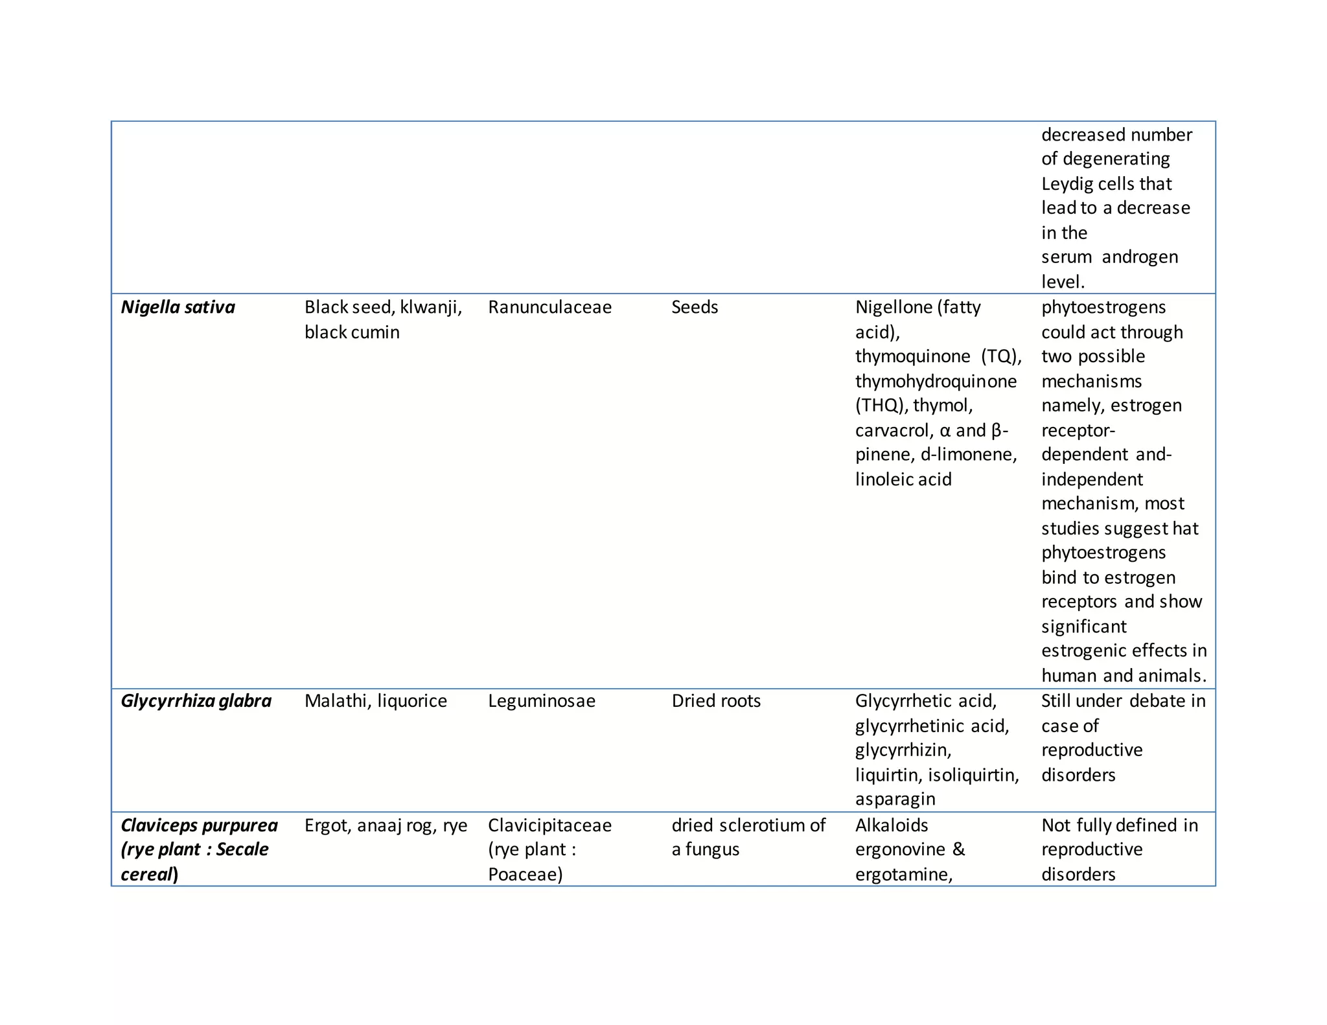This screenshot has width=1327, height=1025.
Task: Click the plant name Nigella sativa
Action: click(178, 307)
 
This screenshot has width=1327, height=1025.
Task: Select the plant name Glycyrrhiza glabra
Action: click(196, 701)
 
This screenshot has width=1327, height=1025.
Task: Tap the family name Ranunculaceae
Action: click(549, 307)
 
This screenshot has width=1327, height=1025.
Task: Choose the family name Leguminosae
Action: click(541, 701)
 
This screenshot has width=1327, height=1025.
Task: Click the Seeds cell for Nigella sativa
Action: click(695, 307)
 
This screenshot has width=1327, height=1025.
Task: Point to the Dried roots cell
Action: click(716, 701)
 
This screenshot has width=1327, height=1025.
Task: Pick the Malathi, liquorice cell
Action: click(376, 701)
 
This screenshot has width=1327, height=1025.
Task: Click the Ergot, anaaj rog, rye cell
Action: click(386, 825)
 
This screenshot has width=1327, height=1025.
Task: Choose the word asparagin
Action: click(895, 799)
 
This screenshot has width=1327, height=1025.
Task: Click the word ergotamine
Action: click(903, 875)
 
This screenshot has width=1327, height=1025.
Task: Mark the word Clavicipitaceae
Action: click(549, 825)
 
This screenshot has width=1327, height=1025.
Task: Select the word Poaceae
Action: click(525, 875)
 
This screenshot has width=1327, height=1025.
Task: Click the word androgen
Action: click(1140, 257)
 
